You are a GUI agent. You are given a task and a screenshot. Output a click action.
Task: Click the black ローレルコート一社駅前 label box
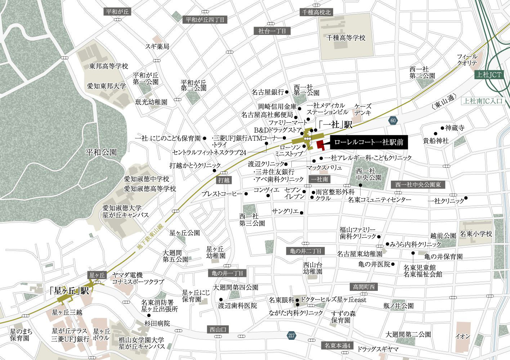click(369, 143)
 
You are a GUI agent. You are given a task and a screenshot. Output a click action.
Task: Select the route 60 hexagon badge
click(393, 120)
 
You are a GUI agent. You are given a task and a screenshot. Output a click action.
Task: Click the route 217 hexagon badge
click(292, 336)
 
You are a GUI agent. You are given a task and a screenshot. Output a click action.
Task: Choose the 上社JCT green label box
click(488, 75)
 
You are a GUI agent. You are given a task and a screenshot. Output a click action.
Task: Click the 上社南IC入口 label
click(483, 101)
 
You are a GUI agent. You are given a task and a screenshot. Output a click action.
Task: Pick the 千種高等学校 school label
click(345, 38)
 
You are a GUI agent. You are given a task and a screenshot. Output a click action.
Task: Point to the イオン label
click(462, 336)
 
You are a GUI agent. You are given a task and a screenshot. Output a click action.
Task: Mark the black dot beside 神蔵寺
click(442, 128)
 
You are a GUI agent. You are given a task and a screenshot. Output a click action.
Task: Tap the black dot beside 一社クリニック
click(466, 198)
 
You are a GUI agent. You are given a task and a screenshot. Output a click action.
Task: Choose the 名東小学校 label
click(476, 234)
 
